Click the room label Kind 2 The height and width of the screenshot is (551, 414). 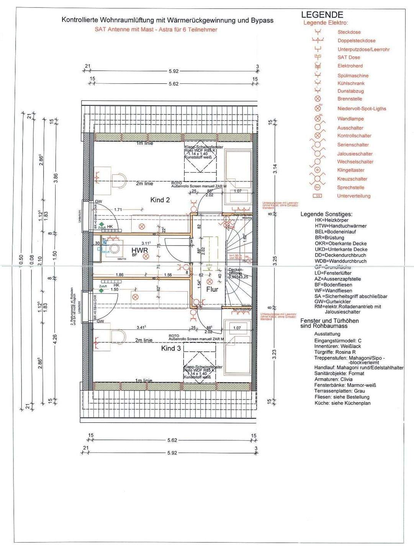(160, 200)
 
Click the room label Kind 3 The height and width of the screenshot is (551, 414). (171, 348)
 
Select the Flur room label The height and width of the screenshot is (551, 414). (212, 289)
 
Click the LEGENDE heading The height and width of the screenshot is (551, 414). (322, 15)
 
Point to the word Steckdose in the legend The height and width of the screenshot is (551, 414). (349, 32)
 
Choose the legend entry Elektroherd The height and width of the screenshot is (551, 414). (350, 66)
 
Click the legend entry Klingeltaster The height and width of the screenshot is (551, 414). (351, 170)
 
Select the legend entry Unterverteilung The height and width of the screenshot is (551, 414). (353, 196)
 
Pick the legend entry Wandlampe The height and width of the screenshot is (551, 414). (350, 119)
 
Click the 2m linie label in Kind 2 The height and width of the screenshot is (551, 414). (144, 184)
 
